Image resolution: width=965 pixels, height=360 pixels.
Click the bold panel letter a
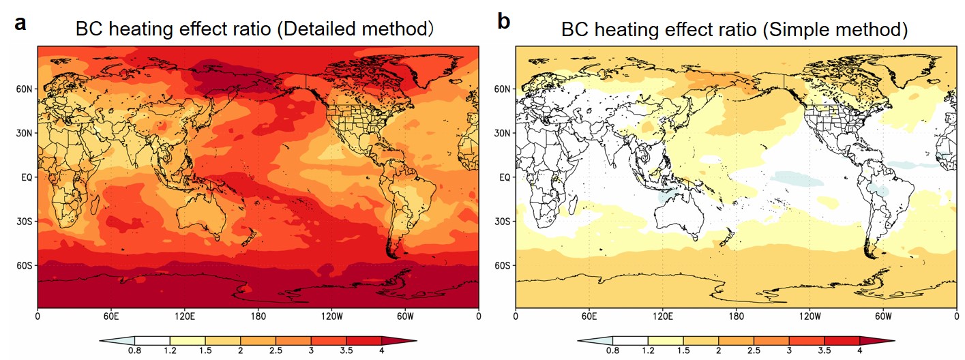pyautogui.click(x=20, y=24)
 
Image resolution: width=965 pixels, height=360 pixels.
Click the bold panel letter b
pyautogui.click(x=504, y=22)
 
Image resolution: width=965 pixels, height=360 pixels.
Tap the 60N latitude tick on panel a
pyautogui.click(x=27, y=89)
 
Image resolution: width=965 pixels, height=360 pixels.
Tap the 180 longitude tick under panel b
pyautogui.click(x=736, y=317)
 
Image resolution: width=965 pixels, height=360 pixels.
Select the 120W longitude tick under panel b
pyautogui.click(x=810, y=317)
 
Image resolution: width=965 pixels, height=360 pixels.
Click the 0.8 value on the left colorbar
pyautogui.click(x=134, y=350)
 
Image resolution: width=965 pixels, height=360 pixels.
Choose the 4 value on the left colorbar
pyautogui.click(x=382, y=350)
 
